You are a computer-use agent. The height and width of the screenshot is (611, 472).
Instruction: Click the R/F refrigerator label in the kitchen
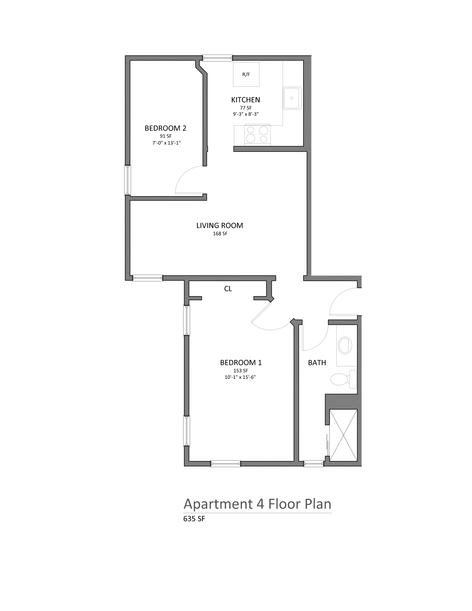[x=246, y=75]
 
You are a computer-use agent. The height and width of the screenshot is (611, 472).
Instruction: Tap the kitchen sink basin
[x=292, y=98]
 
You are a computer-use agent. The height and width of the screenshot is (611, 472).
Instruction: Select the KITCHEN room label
[x=246, y=100]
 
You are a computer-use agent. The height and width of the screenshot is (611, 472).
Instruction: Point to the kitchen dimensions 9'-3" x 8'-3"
[x=246, y=114]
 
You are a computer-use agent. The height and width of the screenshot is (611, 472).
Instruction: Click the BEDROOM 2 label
[x=165, y=128]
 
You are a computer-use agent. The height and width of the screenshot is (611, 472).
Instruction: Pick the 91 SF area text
[x=166, y=136]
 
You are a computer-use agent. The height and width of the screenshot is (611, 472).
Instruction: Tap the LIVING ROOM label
[x=220, y=225]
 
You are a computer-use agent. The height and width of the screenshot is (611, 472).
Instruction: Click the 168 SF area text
[x=220, y=234]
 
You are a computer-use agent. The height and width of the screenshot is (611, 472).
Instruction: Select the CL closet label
[x=228, y=289]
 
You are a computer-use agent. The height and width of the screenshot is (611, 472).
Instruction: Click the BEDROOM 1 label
[x=241, y=363]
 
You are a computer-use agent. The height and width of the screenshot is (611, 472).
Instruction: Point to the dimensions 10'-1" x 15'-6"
[x=240, y=377]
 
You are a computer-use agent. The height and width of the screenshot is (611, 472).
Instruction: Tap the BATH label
[x=317, y=363]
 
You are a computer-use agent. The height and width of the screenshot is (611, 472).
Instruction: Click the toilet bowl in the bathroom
[x=339, y=379]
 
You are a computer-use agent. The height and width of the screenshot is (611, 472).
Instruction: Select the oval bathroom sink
[x=345, y=345]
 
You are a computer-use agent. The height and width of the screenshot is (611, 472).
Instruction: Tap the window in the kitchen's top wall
[x=217, y=58]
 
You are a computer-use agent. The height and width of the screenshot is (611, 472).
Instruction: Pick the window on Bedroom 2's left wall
[x=128, y=180]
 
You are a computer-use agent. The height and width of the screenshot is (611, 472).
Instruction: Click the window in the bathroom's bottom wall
[x=314, y=464]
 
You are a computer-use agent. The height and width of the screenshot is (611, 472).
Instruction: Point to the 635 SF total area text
[x=194, y=519]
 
